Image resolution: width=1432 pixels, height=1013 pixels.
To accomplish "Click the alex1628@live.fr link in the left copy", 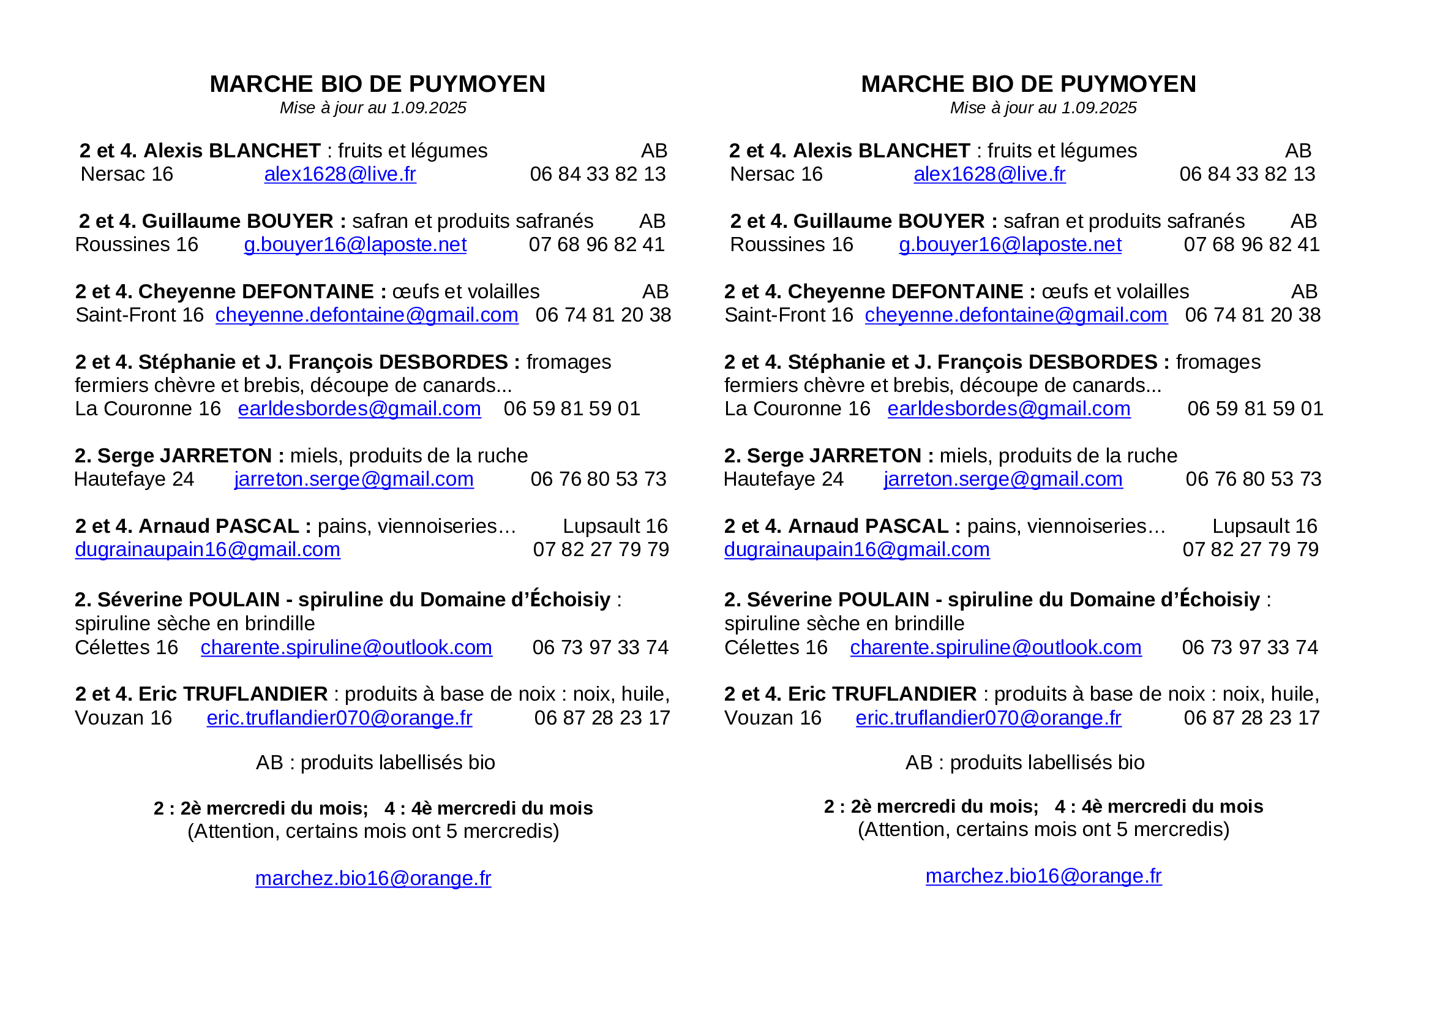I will point(340,174).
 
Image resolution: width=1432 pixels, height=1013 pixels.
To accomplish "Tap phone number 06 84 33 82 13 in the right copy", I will point(1246,174).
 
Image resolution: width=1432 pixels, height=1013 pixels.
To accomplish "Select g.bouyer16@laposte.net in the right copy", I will point(1010,244).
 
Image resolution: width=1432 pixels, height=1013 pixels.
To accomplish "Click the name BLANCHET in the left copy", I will point(264,151).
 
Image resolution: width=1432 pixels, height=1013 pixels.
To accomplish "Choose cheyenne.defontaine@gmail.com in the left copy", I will point(367,315).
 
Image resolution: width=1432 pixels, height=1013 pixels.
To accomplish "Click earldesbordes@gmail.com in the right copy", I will point(1008,409).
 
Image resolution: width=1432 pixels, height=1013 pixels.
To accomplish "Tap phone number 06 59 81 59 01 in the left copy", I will point(572,409).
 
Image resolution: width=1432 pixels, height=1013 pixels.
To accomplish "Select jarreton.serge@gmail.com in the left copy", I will point(354,479).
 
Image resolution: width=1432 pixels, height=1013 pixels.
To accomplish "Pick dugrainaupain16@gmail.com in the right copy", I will point(857,549).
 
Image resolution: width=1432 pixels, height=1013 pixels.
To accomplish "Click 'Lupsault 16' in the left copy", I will point(615,527).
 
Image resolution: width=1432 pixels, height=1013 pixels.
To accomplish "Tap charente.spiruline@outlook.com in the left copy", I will point(346,647).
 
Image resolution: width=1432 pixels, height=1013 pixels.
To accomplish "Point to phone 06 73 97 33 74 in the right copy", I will point(1250,647).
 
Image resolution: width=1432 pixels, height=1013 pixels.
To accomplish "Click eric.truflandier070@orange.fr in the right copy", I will point(988,718).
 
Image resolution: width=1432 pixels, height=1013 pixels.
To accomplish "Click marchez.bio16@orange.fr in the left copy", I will point(373,878).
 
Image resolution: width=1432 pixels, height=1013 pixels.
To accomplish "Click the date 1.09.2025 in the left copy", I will point(429,108).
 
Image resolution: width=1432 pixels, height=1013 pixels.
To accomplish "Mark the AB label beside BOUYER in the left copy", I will point(653,222).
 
